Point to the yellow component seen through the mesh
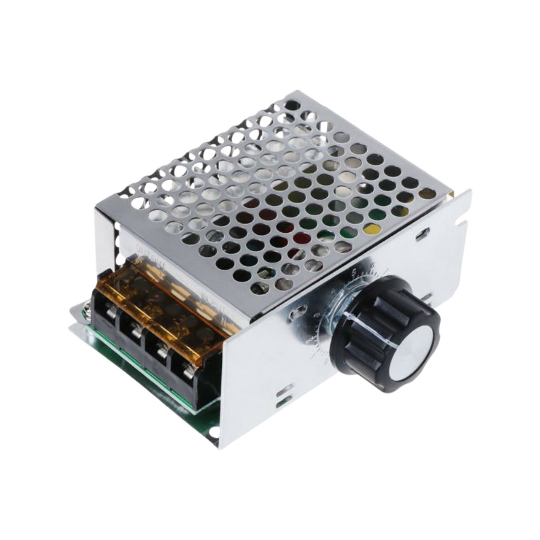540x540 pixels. pos(371,230)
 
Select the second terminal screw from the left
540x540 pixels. pos(135,328)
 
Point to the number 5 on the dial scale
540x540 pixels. pos(354,272)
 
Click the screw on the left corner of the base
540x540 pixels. pos(86,310)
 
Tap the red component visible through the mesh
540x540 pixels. pos(300,238)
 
